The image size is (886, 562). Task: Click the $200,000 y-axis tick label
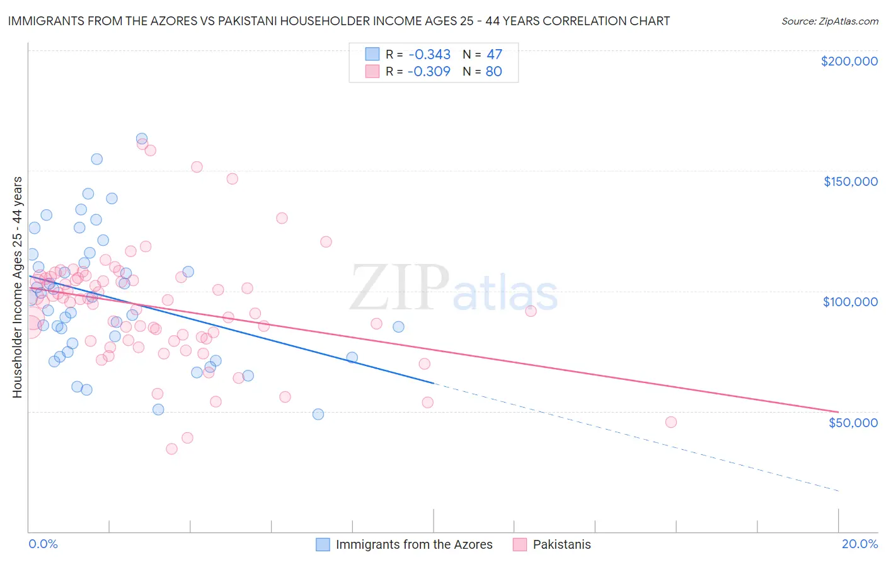(849, 61)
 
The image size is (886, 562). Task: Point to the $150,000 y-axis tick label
(850, 181)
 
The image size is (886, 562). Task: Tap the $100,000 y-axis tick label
(850, 302)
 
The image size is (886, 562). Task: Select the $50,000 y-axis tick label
(853, 422)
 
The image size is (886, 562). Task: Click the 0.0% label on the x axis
(43, 544)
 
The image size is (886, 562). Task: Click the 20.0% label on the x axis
(860, 544)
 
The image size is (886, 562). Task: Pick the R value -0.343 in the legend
(429, 54)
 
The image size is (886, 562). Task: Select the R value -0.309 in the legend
(429, 71)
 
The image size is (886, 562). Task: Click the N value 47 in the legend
(494, 54)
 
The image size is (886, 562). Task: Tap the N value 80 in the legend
(493, 71)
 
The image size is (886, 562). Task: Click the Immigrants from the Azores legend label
(414, 544)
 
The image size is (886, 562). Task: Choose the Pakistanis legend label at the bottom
(561, 544)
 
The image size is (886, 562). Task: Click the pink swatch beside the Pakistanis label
(519, 544)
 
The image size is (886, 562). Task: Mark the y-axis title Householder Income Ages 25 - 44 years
(17, 287)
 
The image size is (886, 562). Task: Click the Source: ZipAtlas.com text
(829, 21)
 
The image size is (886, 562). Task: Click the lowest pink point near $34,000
(171, 449)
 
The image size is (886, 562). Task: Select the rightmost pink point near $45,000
(670, 422)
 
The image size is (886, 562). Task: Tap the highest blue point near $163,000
(142, 139)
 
